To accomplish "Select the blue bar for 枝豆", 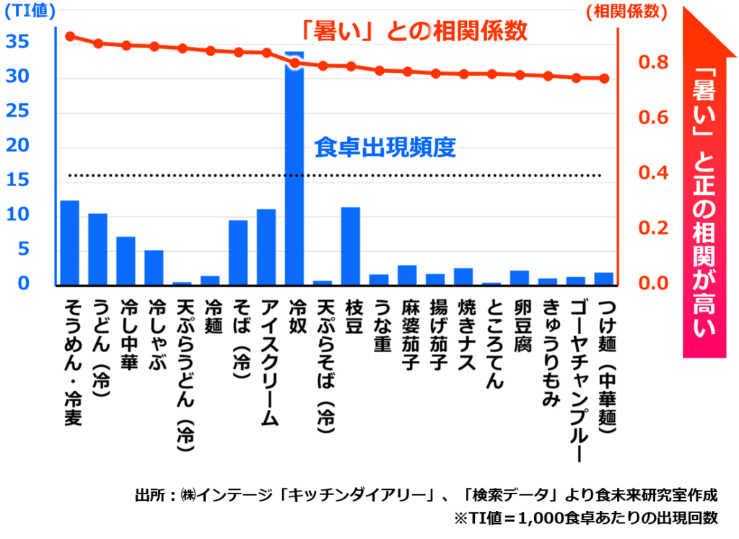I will [351, 246].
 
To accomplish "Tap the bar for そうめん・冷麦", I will [69, 242].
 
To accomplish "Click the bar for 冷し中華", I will [126, 260].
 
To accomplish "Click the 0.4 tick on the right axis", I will [653, 173].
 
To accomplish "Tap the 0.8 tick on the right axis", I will [653, 63].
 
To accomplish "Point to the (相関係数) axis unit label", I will [627, 11].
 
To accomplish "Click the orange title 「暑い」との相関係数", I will [414, 31].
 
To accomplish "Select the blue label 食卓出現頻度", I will [385, 148].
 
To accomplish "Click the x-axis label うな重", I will [380, 325].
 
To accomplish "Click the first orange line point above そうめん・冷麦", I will [70, 36].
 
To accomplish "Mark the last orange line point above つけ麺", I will [605, 79].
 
